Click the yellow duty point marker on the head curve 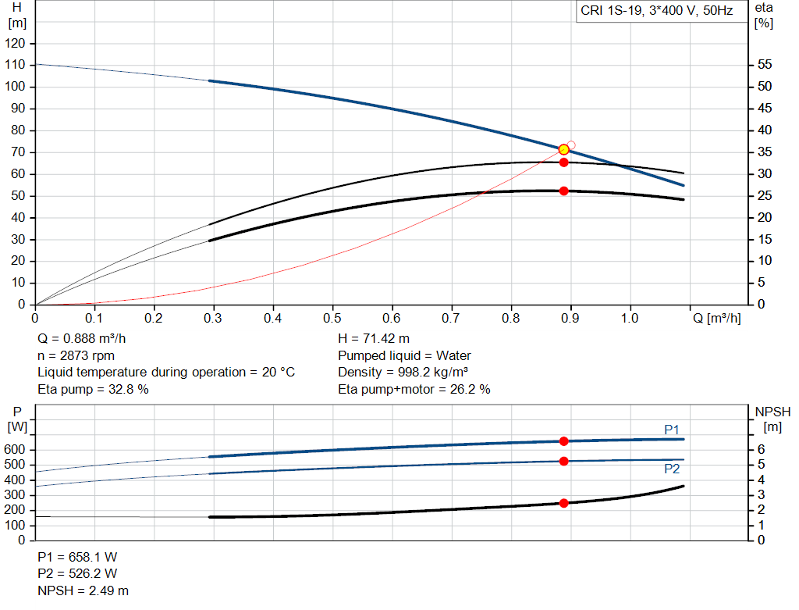pyautogui.click(x=563, y=149)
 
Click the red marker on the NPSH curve pyautogui.click(x=563, y=503)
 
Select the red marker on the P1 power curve pyautogui.click(x=563, y=441)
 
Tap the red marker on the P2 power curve pyautogui.click(x=563, y=461)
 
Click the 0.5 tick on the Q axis pyautogui.click(x=332, y=318)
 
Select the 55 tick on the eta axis pyautogui.click(x=765, y=65)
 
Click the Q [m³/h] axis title pyautogui.click(x=716, y=318)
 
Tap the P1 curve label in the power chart pyautogui.click(x=672, y=430)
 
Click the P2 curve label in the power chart pyautogui.click(x=672, y=469)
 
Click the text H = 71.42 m pyautogui.click(x=374, y=339)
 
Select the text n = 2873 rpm pyautogui.click(x=76, y=355)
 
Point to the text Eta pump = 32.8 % pyautogui.click(x=93, y=389)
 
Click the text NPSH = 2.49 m pyautogui.click(x=83, y=590)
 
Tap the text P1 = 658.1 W pyautogui.click(x=77, y=557)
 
